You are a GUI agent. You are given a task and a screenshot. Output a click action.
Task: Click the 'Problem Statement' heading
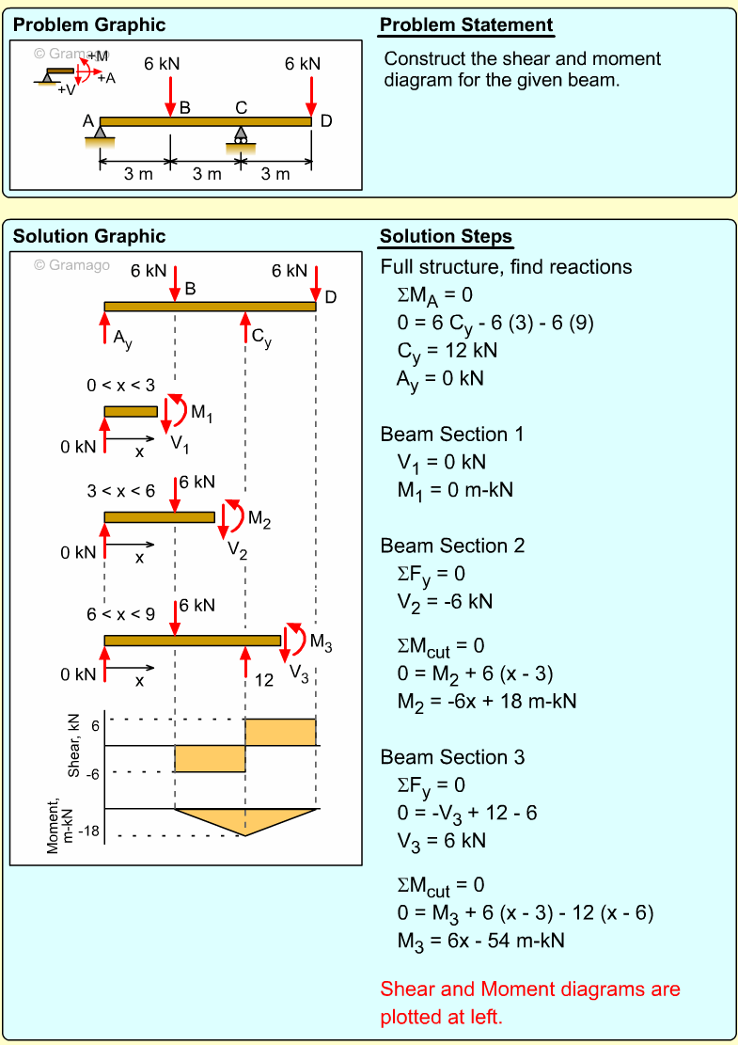[466, 25]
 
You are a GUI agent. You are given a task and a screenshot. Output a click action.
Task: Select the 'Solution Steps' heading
[446, 236]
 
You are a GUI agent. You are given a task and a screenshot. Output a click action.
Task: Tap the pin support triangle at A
[99, 132]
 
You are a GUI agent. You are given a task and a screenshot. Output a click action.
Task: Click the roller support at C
[241, 135]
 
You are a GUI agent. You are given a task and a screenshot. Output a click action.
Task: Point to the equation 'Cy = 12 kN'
[448, 350]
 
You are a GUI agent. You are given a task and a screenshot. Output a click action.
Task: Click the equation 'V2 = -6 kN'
[446, 601]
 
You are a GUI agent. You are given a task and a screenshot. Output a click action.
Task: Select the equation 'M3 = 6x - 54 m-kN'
[481, 940]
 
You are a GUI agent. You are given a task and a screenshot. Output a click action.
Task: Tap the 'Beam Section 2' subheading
[452, 546]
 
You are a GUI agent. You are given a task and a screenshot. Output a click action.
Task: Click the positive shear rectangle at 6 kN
[280, 732]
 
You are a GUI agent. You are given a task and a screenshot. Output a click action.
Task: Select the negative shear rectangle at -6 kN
[210, 758]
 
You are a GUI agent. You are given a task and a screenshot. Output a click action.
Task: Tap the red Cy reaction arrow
[244, 328]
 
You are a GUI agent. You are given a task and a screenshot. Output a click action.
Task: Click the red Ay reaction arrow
[105, 330]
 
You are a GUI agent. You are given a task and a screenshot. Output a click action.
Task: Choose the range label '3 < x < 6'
[120, 490]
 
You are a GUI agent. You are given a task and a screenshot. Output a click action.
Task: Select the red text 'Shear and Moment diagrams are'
[530, 989]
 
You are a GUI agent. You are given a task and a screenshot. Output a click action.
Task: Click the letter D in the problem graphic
[325, 120]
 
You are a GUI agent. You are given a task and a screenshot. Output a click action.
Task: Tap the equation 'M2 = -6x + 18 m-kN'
[487, 701]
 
